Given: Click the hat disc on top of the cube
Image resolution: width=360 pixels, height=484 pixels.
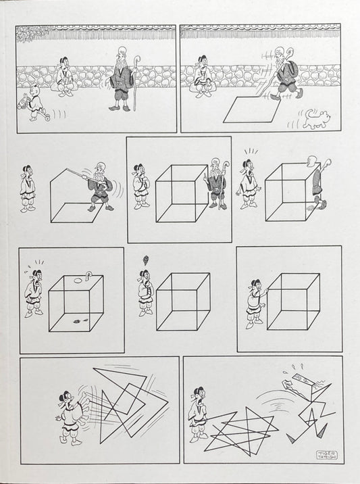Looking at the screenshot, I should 88,276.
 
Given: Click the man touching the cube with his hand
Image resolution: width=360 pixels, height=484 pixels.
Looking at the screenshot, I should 255,301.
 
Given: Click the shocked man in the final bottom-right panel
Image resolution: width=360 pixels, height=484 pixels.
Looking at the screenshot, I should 199,414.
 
